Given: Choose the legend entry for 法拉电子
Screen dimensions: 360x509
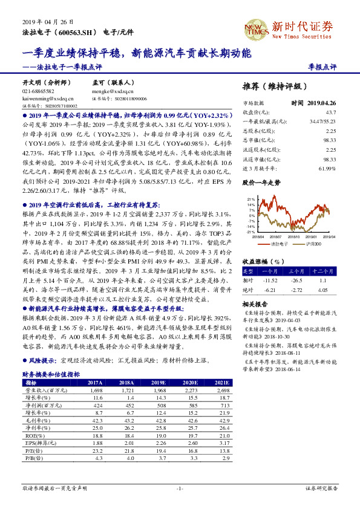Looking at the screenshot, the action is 275,244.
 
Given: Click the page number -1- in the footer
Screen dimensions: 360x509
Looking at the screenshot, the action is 180,487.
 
